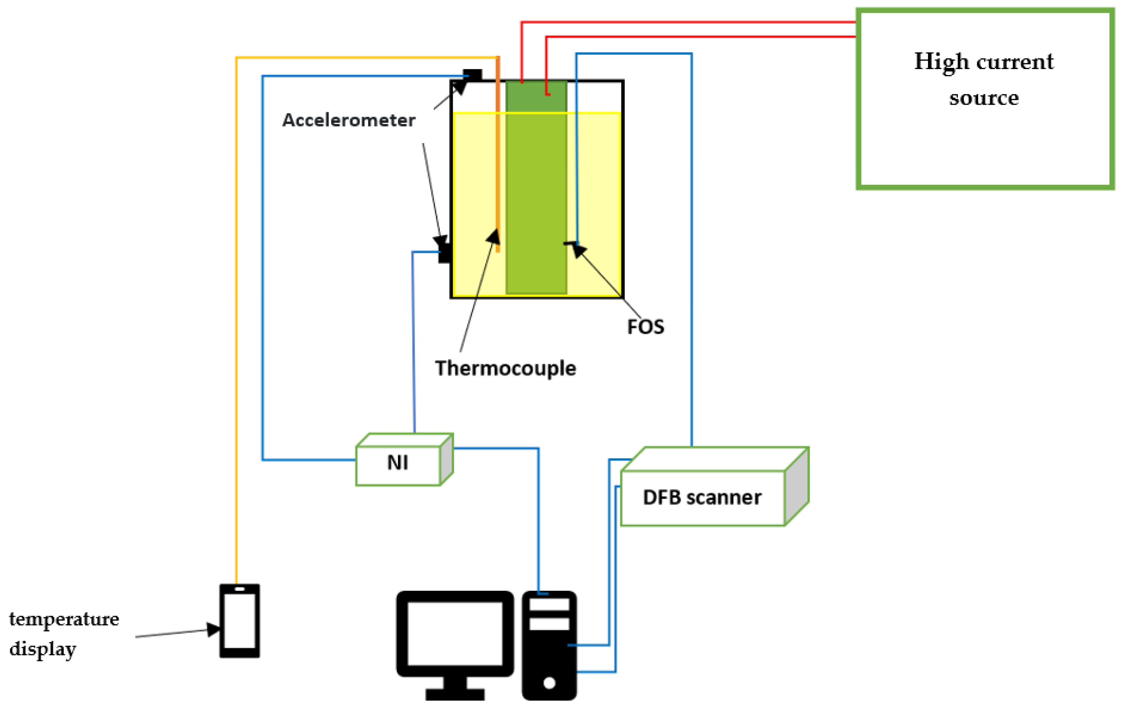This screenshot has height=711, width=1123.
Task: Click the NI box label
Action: click(x=397, y=462)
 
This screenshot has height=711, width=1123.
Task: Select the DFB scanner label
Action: click(x=701, y=497)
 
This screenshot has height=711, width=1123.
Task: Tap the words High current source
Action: click(x=984, y=79)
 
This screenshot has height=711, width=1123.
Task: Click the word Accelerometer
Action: click(x=348, y=120)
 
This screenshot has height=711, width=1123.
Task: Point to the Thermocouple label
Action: click(x=505, y=368)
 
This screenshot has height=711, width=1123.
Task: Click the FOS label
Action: click(x=645, y=327)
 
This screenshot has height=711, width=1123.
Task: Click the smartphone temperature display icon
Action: click(x=239, y=621)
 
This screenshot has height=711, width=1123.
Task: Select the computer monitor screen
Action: click(x=455, y=633)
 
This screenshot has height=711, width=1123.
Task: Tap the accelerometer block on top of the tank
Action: click(x=472, y=75)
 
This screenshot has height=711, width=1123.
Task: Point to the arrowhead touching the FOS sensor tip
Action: click(x=579, y=250)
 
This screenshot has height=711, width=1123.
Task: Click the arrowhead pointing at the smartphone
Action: click(x=213, y=630)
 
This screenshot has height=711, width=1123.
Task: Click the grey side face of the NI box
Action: click(x=446, y=459)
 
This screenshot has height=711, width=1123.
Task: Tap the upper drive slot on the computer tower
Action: click(x=549, y=605)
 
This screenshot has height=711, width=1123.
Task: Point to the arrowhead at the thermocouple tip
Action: click(x=494, y=236)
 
